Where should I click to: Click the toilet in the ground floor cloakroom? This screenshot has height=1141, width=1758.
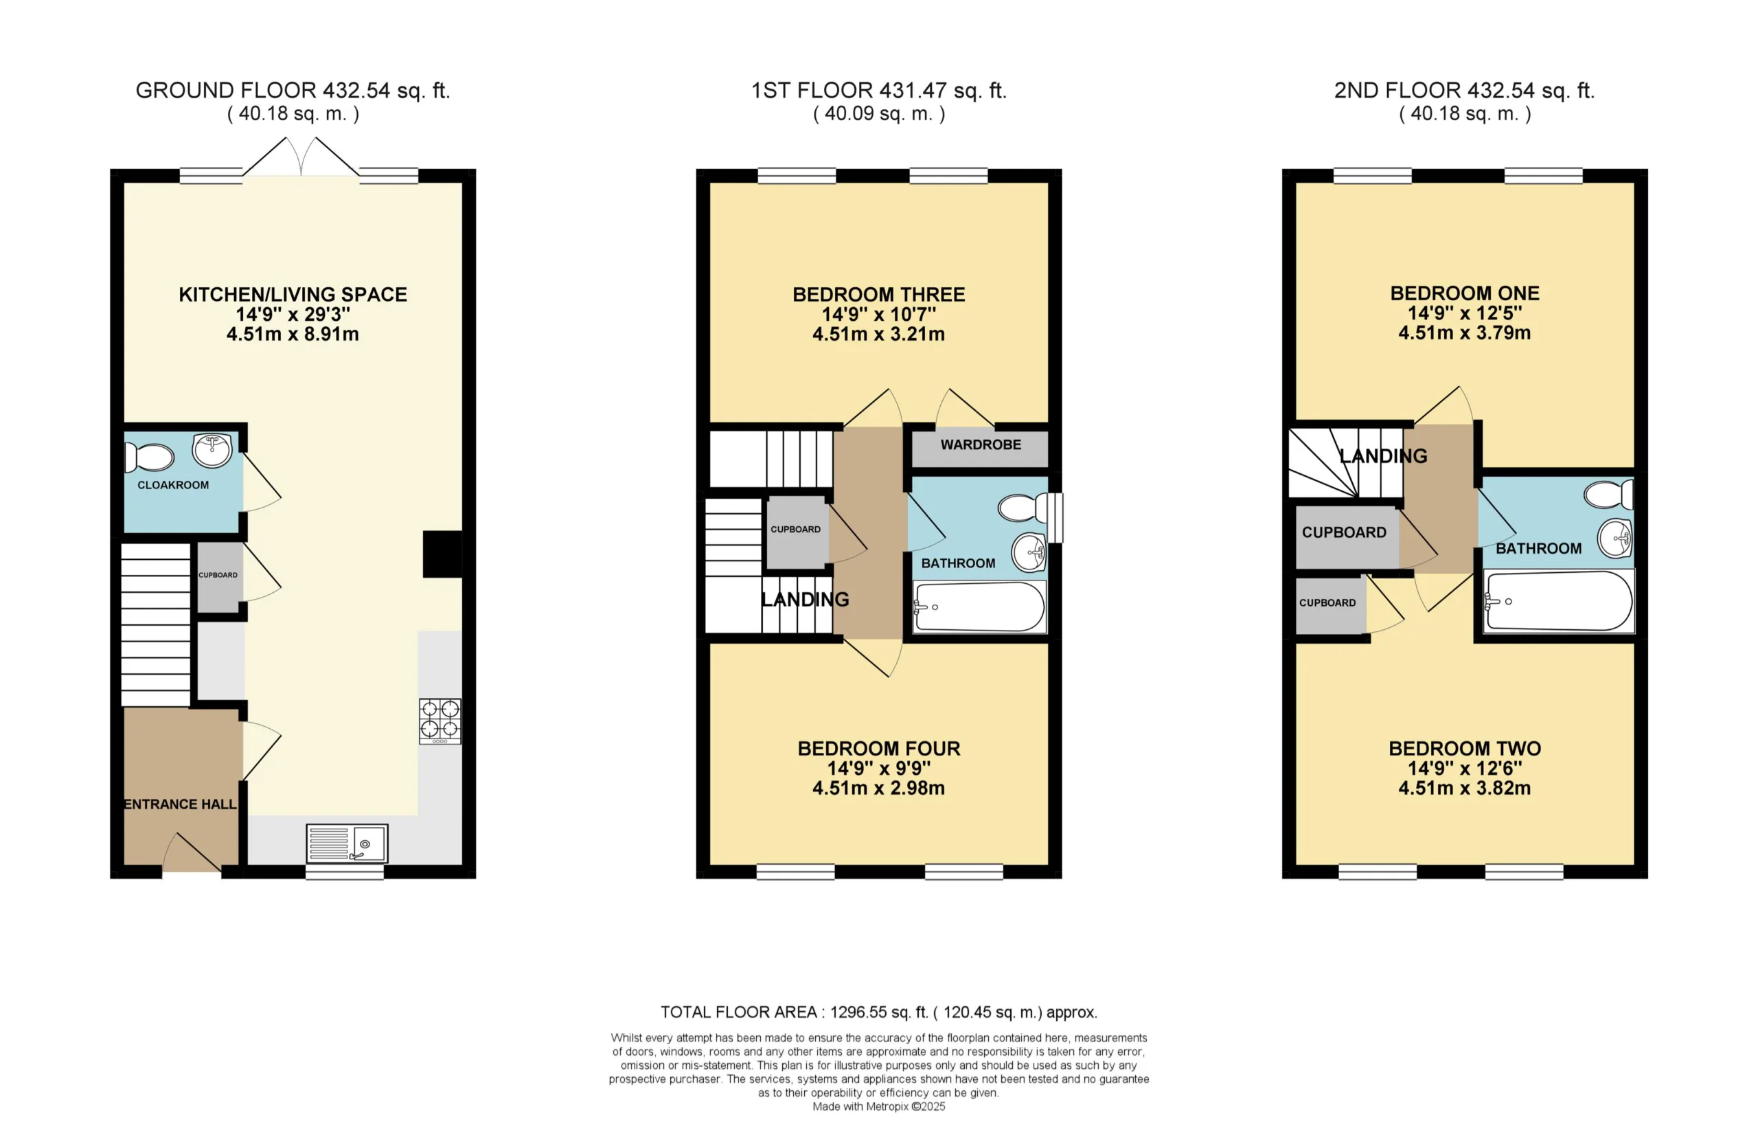(x=148, y=457)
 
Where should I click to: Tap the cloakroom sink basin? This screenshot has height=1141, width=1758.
(x=212, y=451)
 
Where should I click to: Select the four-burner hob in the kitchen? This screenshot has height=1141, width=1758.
(x=440, y=721)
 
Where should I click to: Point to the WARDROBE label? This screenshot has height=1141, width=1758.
(x=981, y=445)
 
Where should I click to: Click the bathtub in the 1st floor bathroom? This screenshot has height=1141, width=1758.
(x=979, y=607)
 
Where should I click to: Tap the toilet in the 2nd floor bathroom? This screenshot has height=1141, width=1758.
(x=1609, y=495)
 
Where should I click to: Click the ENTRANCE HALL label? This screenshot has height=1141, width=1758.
(x=180, y=804)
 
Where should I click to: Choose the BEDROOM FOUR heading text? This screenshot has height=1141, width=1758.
(x=879, y=749)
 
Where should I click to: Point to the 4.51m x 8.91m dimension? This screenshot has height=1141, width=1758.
(x=293, y=334)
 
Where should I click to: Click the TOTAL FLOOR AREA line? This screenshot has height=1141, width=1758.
(x=879, y=1013)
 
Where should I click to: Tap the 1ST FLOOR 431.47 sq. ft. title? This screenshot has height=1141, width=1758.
(x=879, y=91)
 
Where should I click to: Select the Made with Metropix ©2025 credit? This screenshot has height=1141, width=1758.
(x=879, y=1106)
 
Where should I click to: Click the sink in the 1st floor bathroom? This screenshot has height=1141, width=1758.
(x=1029, y=552)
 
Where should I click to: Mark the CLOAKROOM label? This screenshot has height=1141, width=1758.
(x=173, y=485)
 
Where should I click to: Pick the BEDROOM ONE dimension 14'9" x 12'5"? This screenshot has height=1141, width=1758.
(x=1465, y=313)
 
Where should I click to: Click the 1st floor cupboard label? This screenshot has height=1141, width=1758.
(x=795, y=529)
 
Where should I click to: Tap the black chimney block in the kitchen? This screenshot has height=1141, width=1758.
(x=442, y=554)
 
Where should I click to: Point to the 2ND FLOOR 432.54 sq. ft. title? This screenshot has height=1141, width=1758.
(x=1465, y=91)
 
